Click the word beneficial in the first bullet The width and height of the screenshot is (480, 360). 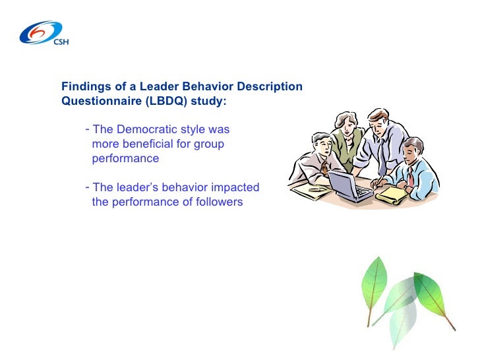tap(146, 144)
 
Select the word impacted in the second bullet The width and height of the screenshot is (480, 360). tap(235, 187)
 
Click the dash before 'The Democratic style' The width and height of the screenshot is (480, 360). tap(88, 129)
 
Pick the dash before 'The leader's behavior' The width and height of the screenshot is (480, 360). tap(88, 187)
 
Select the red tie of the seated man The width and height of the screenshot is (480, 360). tap(410, 176)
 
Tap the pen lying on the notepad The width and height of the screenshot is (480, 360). tap(317, 189)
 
